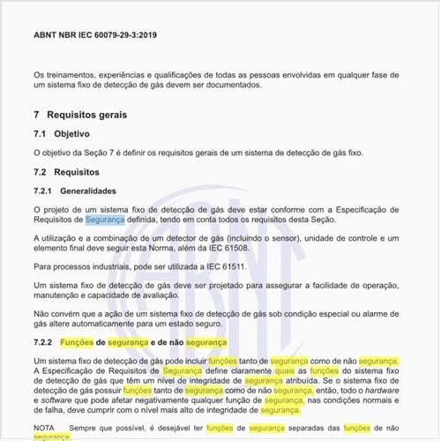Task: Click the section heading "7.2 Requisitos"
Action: [x=66, y=171]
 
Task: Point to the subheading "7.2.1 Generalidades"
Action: [x=74, y=191]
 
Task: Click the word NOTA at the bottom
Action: [x=44, y=427]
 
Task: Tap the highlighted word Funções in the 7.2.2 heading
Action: [x=83, y=341]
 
